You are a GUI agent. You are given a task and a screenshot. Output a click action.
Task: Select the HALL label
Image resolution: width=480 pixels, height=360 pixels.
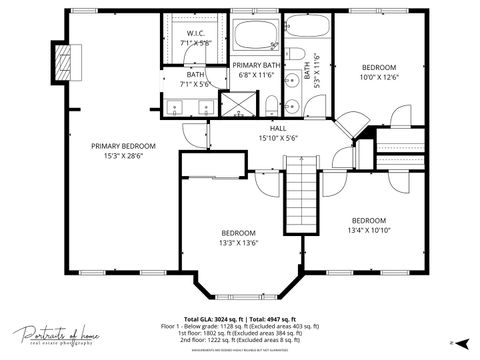click(x=278, y=128)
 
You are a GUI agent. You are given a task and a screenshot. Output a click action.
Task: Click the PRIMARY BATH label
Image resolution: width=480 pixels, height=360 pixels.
click(x=256, y=65)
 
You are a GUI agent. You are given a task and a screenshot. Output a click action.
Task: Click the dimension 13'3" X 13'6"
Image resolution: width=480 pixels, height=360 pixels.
click(x=239, y=241)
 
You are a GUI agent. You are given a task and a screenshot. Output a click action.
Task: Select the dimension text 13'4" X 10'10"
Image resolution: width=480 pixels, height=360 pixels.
click(x=369, y=229)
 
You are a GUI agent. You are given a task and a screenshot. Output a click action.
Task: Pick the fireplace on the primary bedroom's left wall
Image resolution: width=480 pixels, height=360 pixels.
click(x=66, y=61)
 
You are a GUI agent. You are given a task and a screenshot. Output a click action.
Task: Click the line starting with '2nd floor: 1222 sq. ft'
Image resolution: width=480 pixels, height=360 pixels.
click(x=240, y=340)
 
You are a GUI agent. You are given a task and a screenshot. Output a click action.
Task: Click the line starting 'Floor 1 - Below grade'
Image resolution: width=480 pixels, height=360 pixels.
click(x=240, y=326)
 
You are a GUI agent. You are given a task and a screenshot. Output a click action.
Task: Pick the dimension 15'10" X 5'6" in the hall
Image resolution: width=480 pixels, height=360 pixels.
click(x=278, y=138)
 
